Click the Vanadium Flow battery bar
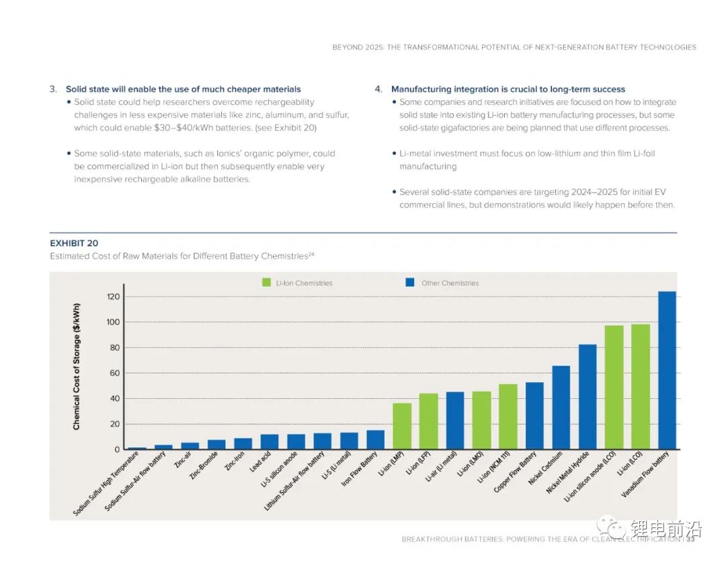[667, 370]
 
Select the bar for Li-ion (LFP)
[428, 421]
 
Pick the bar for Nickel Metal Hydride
[588, 397]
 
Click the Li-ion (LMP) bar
[402, 426]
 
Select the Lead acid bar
[270, 442]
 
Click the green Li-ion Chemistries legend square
[267, 283]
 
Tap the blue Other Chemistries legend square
[409, 283]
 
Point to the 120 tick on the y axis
[113, 297]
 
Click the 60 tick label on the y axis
[115, 373]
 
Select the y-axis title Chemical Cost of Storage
[77, 366]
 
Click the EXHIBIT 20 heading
[74, 243]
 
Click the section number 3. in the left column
[53, 89]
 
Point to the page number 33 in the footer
[690, 539]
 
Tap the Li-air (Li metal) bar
[455, 420]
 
